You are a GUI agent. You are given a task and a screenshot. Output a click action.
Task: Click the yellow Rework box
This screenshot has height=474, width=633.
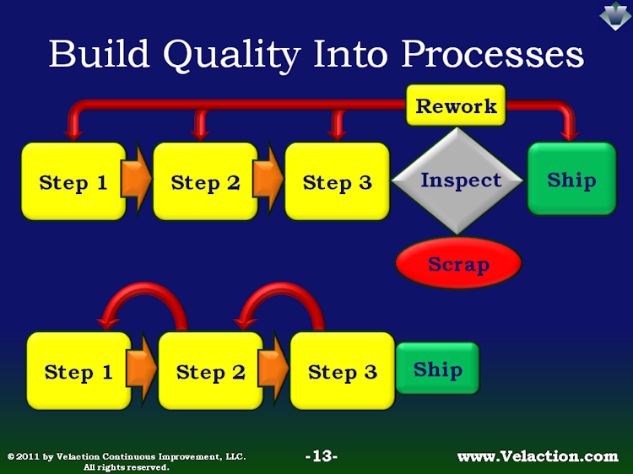coord(456,105)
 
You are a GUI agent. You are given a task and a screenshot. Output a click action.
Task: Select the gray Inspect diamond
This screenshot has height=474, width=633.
coord(457,180)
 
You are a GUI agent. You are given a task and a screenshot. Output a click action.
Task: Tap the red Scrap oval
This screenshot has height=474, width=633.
coord(458,263)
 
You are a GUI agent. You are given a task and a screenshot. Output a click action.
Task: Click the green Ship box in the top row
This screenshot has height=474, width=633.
coord(572,179)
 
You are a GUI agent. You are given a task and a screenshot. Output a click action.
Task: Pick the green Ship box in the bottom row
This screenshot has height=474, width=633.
coord(437,369)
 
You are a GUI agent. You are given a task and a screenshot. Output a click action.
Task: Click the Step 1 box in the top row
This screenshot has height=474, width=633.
coord(73,181)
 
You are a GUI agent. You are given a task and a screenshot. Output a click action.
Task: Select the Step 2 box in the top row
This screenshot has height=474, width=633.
coord(205,181)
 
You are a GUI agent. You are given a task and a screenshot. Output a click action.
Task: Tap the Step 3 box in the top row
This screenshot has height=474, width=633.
coord(338,181)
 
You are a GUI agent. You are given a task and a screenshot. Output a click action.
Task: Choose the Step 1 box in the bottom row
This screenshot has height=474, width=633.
coord(78,371)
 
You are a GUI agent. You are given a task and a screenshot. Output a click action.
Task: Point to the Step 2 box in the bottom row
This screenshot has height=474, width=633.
coord(211,371)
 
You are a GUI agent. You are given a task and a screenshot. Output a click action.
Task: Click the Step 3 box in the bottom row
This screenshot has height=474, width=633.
coord(343,371)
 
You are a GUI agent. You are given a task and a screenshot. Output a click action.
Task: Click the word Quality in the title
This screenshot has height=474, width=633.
coord(232,56)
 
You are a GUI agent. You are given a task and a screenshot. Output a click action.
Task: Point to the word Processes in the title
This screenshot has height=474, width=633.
coord(492,54)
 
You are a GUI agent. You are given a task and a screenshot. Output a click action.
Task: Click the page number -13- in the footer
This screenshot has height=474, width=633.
coord(322,456)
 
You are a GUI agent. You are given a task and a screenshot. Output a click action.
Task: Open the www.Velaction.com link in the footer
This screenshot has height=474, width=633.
coord(538,456)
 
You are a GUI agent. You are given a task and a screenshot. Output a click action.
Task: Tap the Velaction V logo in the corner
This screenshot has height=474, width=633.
coord(615,16)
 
